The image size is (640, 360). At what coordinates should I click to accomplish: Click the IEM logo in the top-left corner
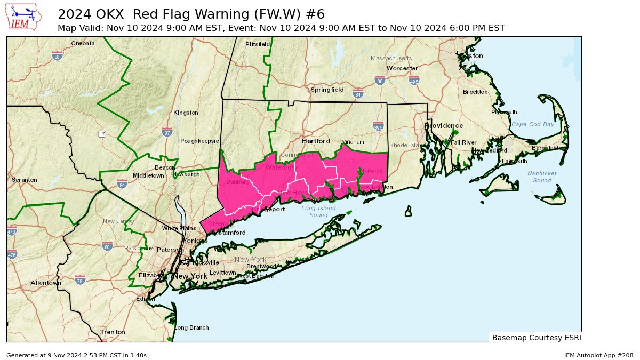pos(22,17)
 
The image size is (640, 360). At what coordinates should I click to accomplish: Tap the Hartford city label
pos(316,141)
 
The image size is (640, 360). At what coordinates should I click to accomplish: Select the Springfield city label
pos(327,90)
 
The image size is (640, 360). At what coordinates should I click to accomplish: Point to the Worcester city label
pos(402,68)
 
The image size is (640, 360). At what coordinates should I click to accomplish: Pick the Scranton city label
pos(25,180)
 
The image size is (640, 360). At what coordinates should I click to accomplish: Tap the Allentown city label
pos(46,283)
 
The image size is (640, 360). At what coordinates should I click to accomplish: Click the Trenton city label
pos(113,332)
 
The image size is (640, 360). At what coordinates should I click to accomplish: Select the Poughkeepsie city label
pos(199,141)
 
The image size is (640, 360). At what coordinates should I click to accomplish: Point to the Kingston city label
pos(186,113)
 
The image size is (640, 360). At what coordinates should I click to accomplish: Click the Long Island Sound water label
pos(318,211)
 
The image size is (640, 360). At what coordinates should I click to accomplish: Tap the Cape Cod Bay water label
pos(533,124)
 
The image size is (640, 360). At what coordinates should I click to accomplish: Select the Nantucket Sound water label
pos(542,177)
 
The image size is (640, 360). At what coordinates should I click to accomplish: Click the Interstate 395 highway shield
pos(378,126)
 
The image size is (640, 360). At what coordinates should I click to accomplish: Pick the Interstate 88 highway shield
pos(58,55)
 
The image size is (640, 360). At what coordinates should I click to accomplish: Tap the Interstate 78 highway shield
pos(80,280)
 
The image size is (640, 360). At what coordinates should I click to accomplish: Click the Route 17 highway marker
pos(101,133)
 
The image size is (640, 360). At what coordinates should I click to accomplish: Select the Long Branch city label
pos(191,327)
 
